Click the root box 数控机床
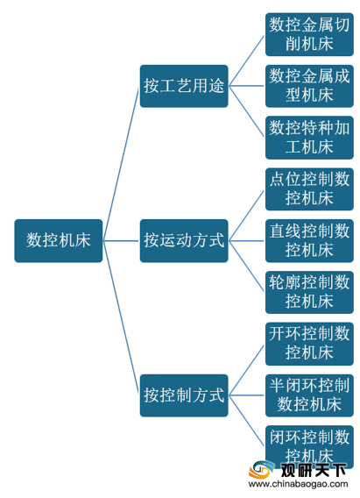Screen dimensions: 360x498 pos(59,241)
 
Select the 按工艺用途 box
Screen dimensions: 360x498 pos(184,86)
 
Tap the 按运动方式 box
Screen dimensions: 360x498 pos(184,241)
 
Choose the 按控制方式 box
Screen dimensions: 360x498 pos(184,395)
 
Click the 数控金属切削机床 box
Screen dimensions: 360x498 pos(309,34)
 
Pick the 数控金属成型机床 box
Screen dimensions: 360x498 pos(309,86)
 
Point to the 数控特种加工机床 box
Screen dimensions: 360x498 pos(309,138)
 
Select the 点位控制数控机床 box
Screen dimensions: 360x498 pos(309,189)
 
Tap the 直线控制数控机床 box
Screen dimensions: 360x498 pos(309,241)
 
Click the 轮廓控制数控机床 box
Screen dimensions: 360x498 pos(309,292)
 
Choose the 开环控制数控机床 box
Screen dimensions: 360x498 pos(309,344)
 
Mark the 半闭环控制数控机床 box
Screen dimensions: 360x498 pos(309,395)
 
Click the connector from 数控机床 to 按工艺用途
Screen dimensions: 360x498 pos(121,164)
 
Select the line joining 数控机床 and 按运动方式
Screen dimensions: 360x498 pos(121,241)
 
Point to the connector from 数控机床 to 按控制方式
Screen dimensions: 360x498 pos(121,317)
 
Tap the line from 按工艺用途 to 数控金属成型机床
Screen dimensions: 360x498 pos(246,86)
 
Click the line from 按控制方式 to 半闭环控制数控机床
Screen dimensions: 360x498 pos(246,395)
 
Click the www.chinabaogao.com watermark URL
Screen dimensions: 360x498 pos(298,484)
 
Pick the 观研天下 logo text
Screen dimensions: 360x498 pos(313,470)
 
